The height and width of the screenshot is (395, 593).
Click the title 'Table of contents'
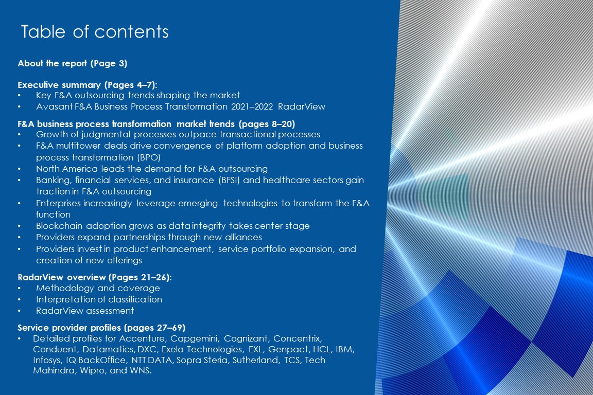tap(95, 31)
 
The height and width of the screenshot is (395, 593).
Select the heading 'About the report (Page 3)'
tap(72, 63)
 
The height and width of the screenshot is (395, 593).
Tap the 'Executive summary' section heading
tap(59, 85)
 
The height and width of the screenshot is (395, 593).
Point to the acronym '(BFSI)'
tap(229, 180)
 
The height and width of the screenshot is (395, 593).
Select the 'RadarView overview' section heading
tap(62, 277)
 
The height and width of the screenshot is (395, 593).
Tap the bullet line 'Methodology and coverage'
tap(98, 288)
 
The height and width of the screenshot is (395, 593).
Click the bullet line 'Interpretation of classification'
tap(99, 299)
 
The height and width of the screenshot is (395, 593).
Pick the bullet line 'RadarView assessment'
tap(85, 311)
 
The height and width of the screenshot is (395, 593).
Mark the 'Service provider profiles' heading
tap(69, 327)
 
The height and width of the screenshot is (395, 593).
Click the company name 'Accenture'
tap(142, 338)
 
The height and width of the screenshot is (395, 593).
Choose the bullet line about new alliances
tap(149, 237)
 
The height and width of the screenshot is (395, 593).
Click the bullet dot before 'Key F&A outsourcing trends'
tap(19, 95)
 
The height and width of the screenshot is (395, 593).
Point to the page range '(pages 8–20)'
tap(267, 124)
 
